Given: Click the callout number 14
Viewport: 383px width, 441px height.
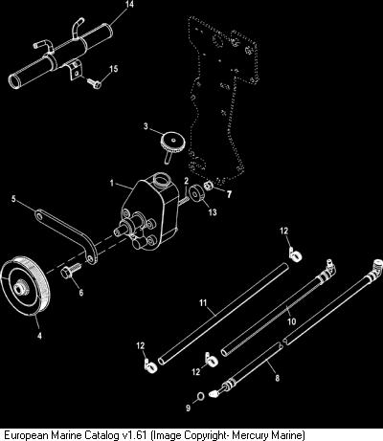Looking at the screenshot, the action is (129, 5).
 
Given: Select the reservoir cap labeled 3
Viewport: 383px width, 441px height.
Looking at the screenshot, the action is (171, 145).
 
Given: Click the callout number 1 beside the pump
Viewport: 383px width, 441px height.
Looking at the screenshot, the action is (112, 184).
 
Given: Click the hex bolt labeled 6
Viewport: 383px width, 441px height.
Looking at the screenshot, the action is (71, 271).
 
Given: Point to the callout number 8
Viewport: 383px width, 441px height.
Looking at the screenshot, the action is (278, 378).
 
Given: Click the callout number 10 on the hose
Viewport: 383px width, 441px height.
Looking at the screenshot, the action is (292, 321).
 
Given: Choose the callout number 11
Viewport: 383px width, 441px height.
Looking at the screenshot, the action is (203, 302).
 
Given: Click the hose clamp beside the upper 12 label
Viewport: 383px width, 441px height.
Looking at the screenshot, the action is (296, 254).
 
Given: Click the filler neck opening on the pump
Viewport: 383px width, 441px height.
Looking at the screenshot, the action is (161, 179).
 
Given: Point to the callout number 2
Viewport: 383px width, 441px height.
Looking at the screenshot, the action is (187, 181).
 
